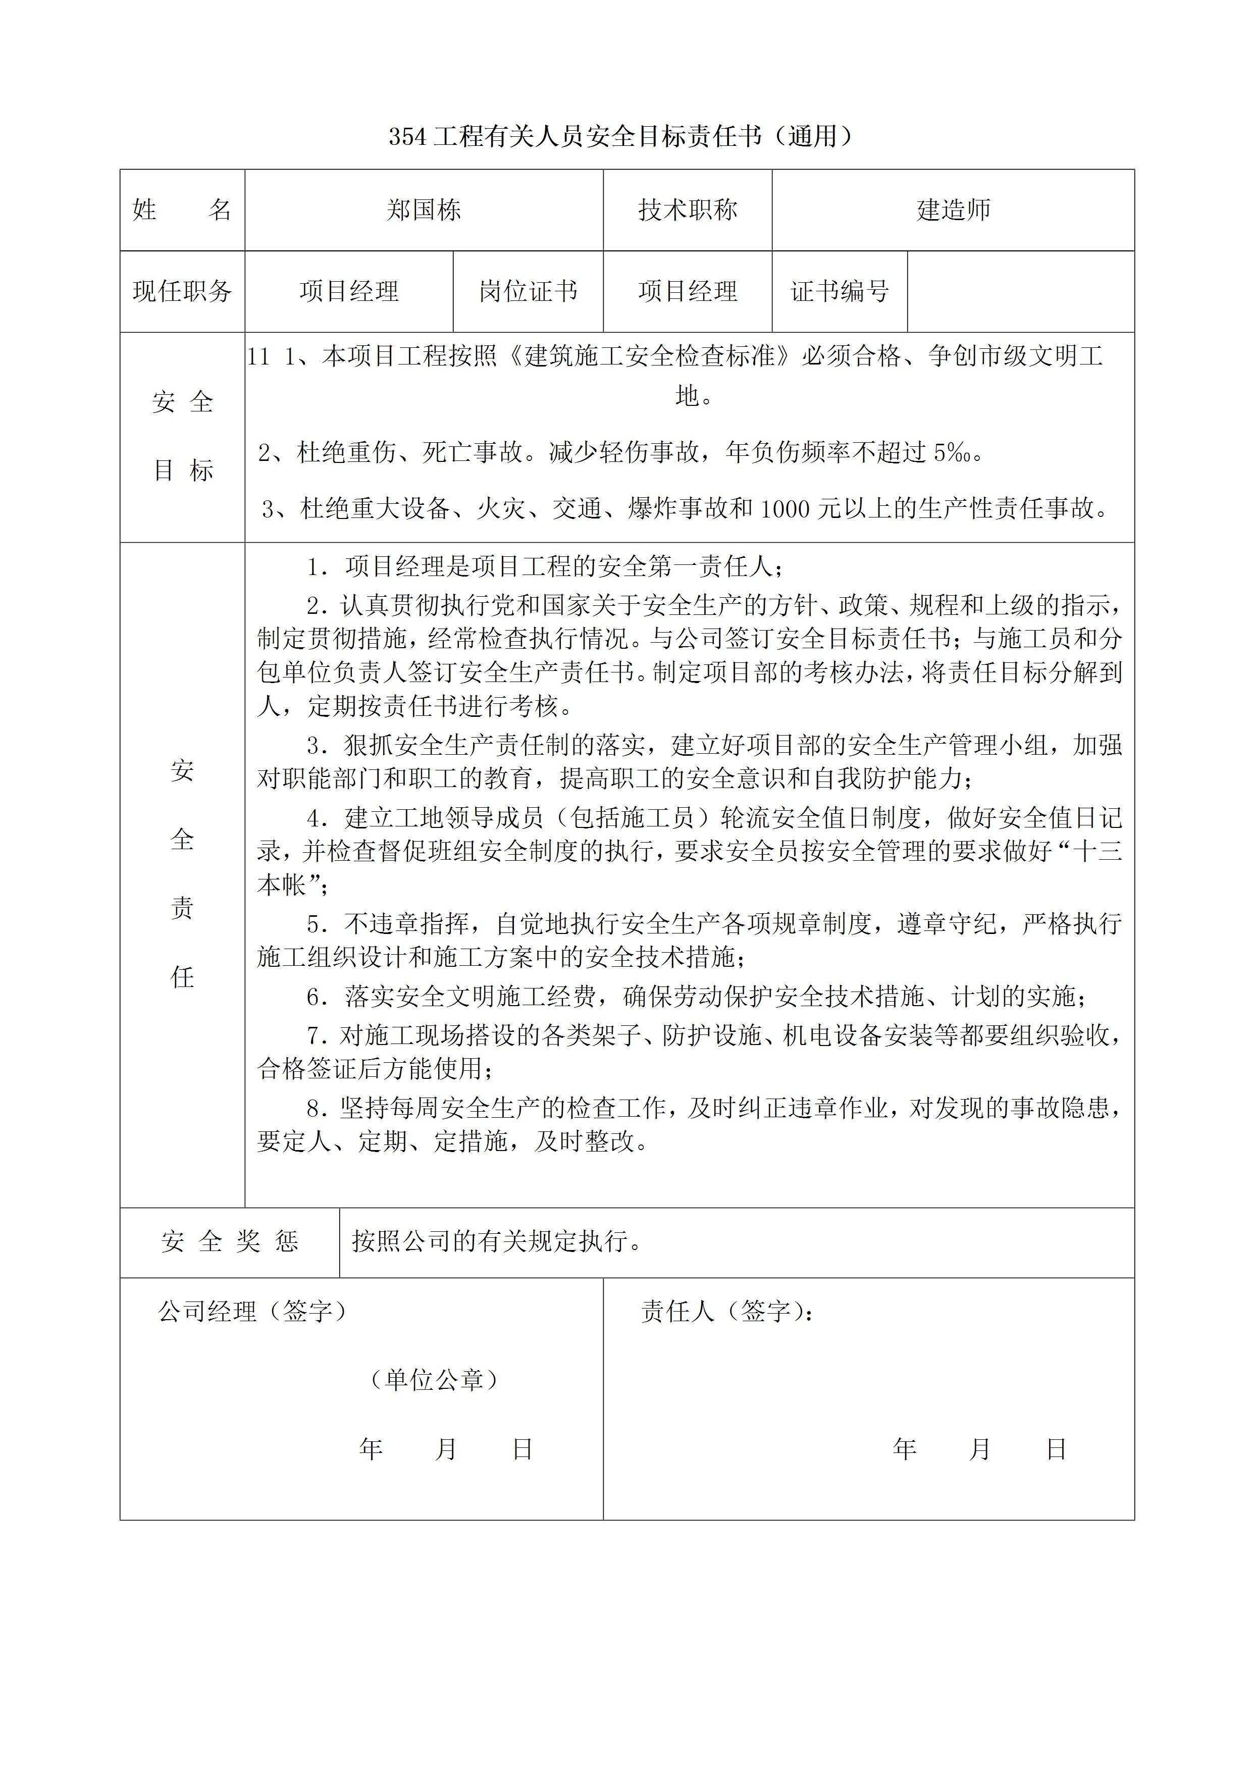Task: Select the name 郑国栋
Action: [424, 210]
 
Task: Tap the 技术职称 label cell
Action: [687, 210]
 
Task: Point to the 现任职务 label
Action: [182, 292]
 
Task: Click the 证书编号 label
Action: [840, 292]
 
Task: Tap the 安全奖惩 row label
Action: [229, 1241]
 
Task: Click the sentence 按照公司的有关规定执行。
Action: [497, 1241]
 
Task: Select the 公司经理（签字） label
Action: [252, 1311]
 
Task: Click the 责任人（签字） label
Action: [726, 1311]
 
